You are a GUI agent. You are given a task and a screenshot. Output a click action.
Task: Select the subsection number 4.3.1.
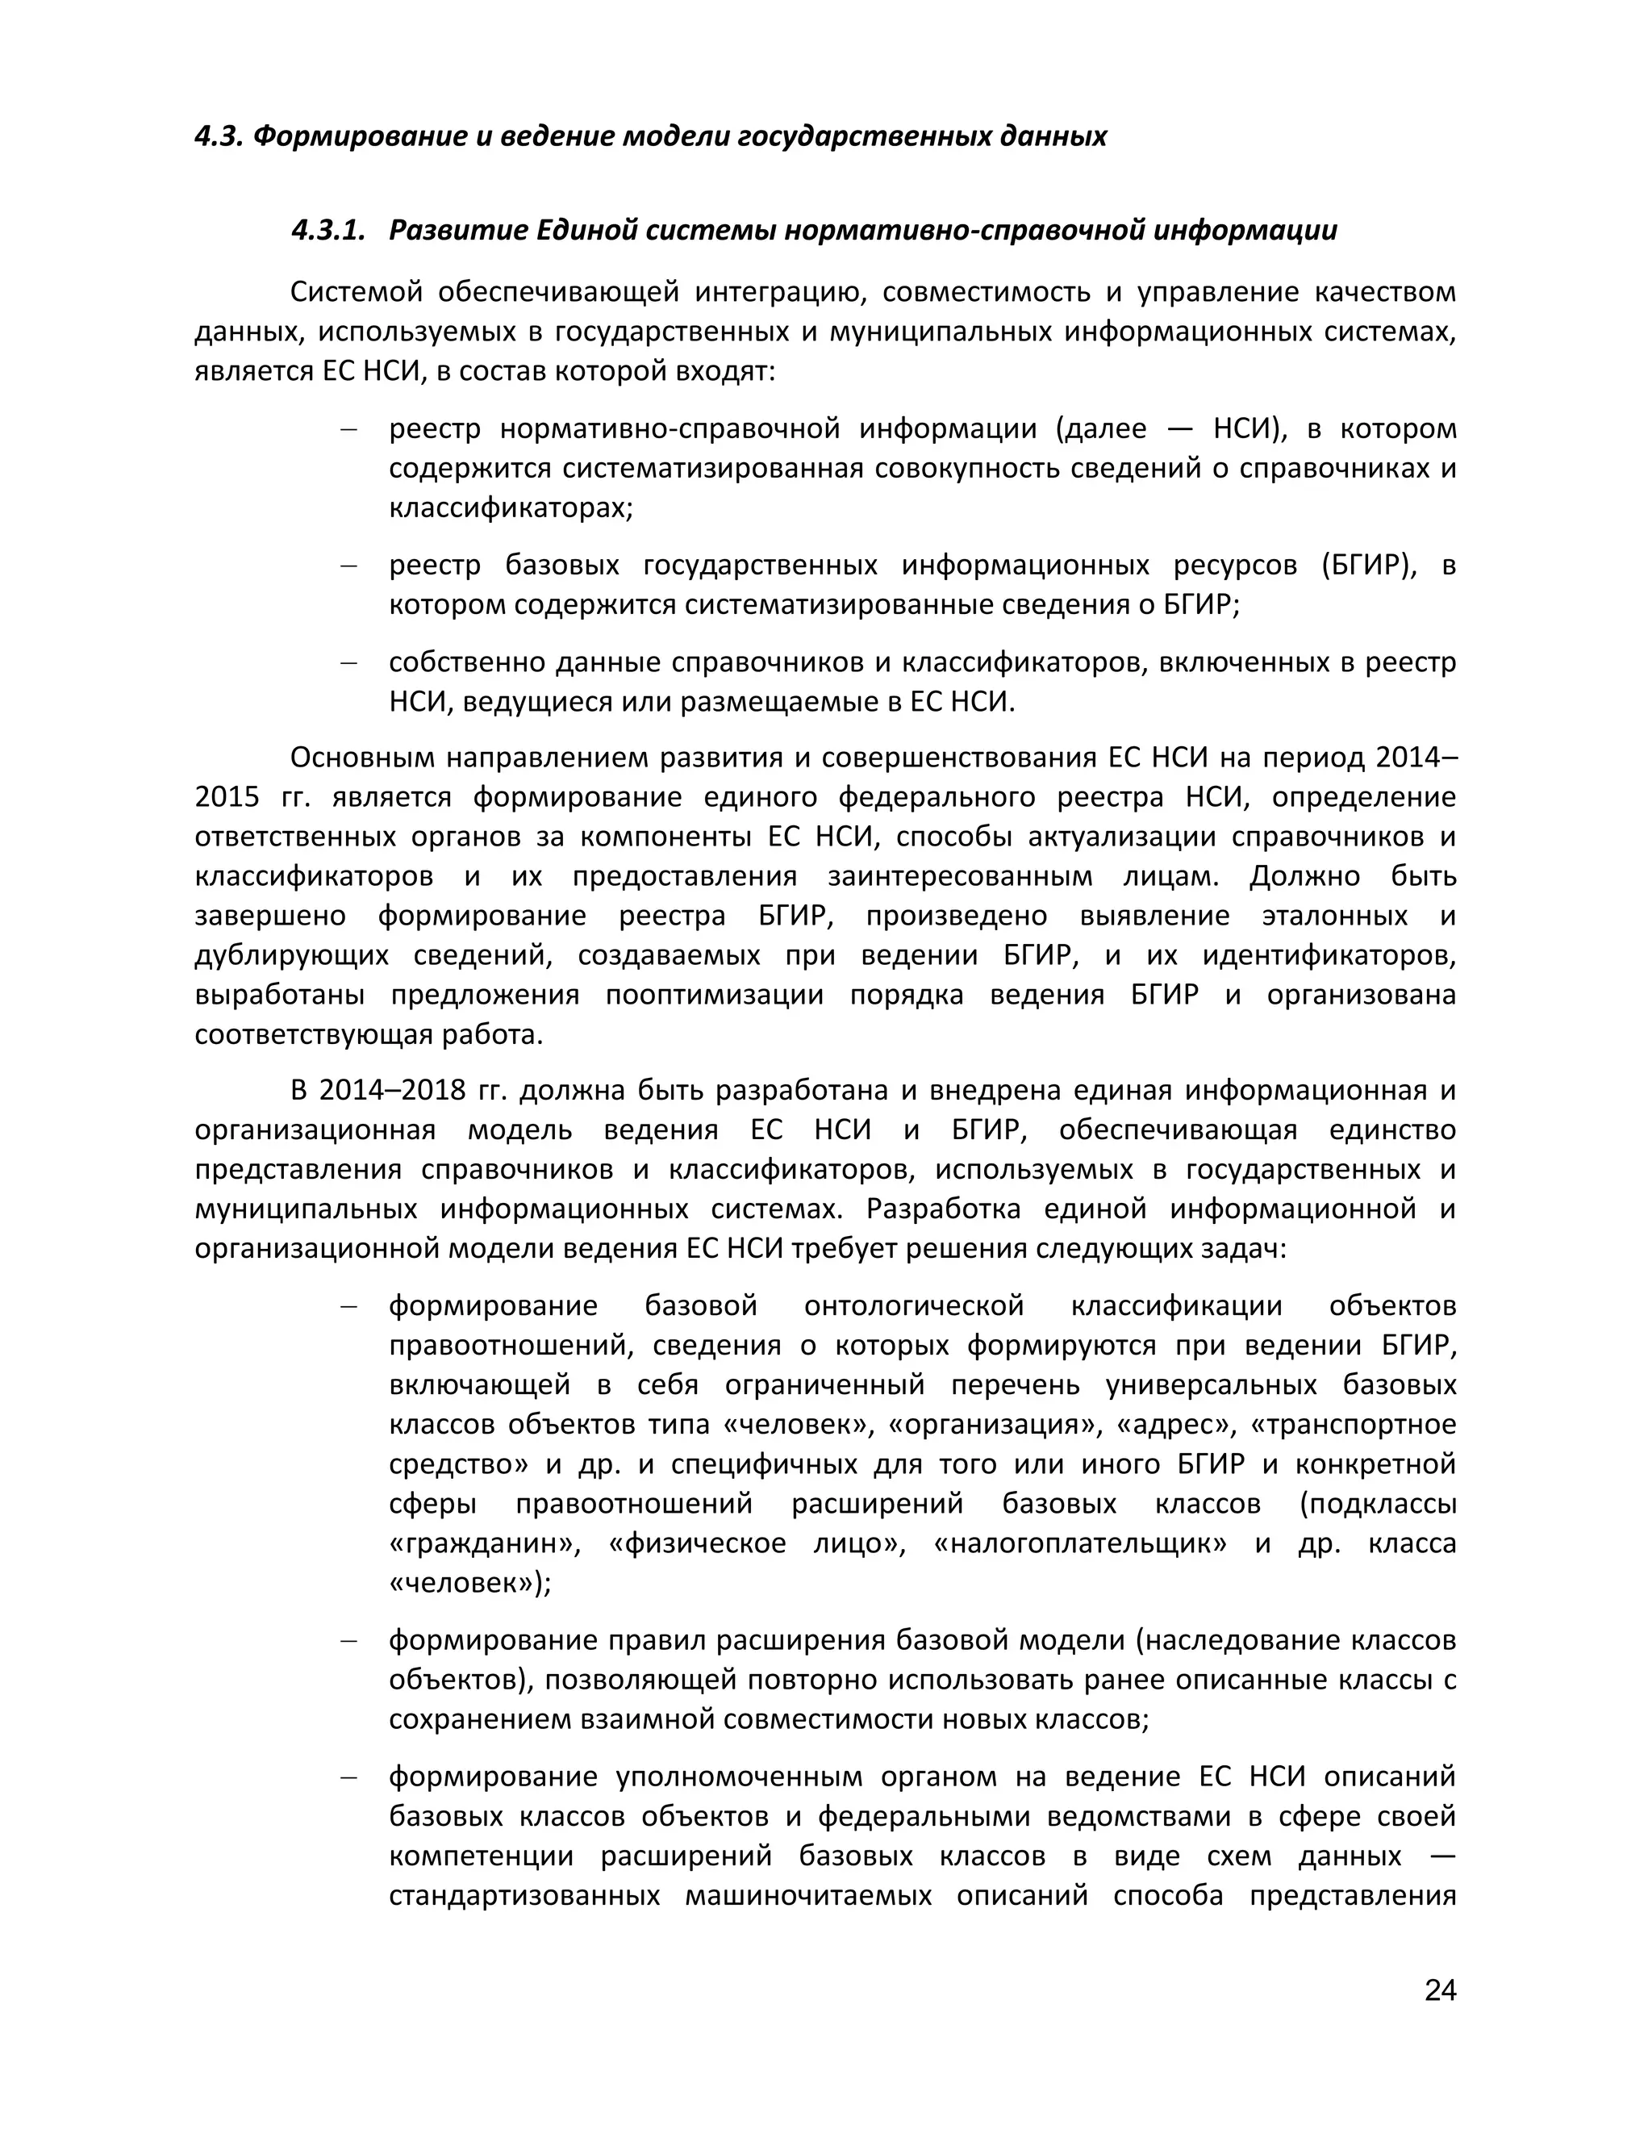point(327,231)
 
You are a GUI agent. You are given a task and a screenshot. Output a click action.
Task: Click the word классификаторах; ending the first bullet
point(511,508)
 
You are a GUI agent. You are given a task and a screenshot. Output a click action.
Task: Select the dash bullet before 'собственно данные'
point(348,662)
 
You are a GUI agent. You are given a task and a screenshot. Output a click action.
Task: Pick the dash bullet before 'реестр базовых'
point(348,566)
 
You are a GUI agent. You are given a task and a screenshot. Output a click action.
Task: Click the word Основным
point(360,758)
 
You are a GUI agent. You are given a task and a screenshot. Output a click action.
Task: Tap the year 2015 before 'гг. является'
point(226,797)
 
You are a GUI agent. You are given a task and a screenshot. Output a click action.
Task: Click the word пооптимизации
point(713,995)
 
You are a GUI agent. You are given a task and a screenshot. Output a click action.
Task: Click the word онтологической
point(914,1306)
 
